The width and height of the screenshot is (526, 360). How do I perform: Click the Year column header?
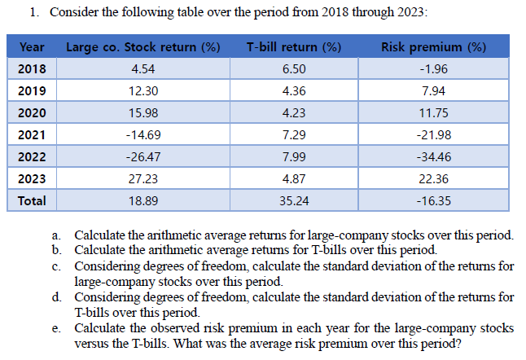click(x=32, y=47)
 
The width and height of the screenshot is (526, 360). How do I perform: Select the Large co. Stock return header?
click(x=142, y=47)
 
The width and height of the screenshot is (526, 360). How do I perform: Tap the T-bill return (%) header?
click(x=293, y=47)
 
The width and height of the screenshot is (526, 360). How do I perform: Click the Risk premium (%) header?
click(x=433, y=47)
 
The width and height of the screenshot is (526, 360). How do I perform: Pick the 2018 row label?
click(x=32, y=69)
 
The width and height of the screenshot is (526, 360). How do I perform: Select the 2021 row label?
click(x=32, y=134)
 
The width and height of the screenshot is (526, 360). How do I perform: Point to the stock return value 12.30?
click(x=143, y=91)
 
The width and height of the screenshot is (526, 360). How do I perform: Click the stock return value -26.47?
click(x=143, y=156)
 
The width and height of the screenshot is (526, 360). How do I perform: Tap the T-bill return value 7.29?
click(x=293, y=134)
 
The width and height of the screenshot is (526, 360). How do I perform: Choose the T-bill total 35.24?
click(x=293, y=200)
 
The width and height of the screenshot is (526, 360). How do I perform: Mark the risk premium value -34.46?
click(x=433, y=156)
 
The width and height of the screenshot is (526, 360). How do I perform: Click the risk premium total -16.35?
click(x=433, y=200)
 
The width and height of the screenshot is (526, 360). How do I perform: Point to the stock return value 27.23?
click(x=143, y=178)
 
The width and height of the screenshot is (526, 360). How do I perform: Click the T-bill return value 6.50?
click(x=293, y=69)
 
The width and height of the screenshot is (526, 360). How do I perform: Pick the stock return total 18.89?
click(x=143, y=200)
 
